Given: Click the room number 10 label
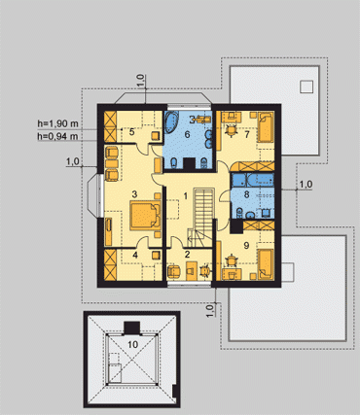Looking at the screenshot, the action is click(132, 345).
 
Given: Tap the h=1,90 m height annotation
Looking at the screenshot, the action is click(58, 123).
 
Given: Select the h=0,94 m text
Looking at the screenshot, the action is click(58, 136).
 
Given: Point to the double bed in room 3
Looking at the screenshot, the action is click(146, 215).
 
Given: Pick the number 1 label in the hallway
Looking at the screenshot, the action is click(185, 196).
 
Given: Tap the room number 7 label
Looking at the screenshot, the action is click(247, 134).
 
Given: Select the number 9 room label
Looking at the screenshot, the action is click(246, 245).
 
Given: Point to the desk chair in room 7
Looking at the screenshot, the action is click(231, 130).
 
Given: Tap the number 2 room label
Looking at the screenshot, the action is click(187, 255).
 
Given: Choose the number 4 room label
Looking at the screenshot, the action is click(135, 255).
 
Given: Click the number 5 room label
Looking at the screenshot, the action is click(131, 132).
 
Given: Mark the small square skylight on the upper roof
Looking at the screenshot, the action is click(306, 86).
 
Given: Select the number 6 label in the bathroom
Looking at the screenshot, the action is click(187, 134).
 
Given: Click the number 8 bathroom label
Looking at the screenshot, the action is click(247, 194).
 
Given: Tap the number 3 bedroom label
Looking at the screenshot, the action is click(134, 194).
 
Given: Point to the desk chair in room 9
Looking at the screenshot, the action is click(232, 260).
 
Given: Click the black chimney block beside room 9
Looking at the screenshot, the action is click(236, 226).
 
